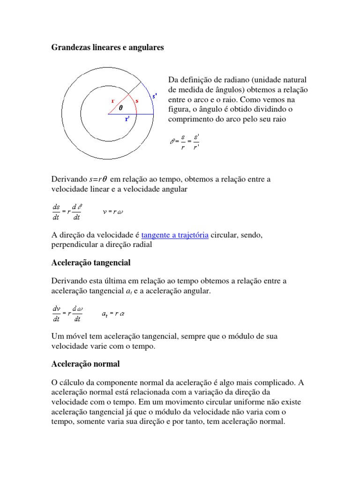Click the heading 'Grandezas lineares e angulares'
(x=107, y=48)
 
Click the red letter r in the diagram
(x=112, y=100)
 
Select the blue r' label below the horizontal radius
(x=127, y=119)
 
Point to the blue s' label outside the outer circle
(x=154, y=96)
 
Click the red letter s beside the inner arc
(x=136, y=100)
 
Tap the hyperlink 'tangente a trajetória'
(x=174, y=235)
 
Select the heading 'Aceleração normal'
(x=85, y=364)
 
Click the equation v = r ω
(x=113, y=211)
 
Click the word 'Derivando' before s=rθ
(x=69, y=179)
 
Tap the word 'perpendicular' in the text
(x=75, y=245)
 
